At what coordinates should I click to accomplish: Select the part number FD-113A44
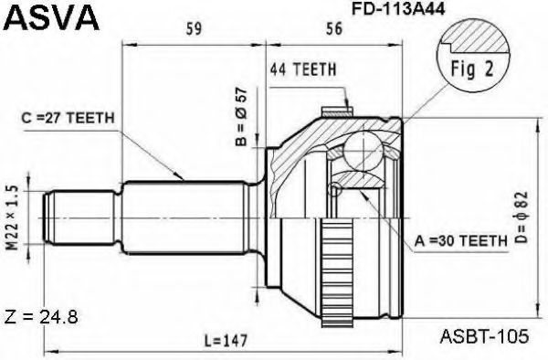(398, 9)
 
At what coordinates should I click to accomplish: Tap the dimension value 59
(194, 28)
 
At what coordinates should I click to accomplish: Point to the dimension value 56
(334, 28)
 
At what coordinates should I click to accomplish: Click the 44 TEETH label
(302, 69)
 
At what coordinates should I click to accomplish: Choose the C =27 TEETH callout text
(68, 118)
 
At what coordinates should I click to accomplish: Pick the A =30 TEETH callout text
(461, 240)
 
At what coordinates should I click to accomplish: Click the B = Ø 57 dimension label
(241, 116)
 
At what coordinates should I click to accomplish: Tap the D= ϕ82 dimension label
(522, 217)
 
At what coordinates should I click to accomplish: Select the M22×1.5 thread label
(13, 217)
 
